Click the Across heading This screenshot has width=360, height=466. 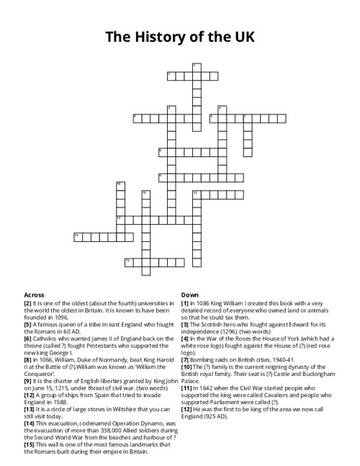point(34,295)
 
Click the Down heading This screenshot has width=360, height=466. point(189,295)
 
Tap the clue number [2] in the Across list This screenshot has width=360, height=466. point(27,303)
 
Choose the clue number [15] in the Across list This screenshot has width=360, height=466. point(29,443)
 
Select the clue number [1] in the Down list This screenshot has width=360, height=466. point(185,303)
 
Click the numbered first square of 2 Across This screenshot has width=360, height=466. point(171,76)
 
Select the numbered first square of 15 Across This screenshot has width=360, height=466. point(129,260)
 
